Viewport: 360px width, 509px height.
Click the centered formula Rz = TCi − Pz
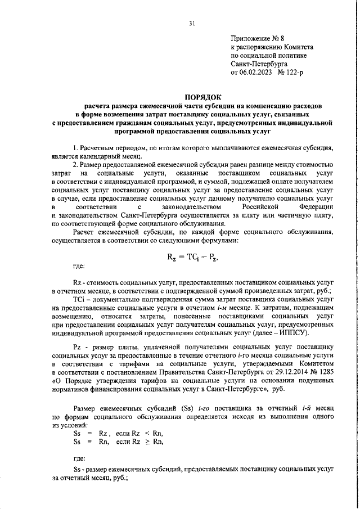click(192, 258)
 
